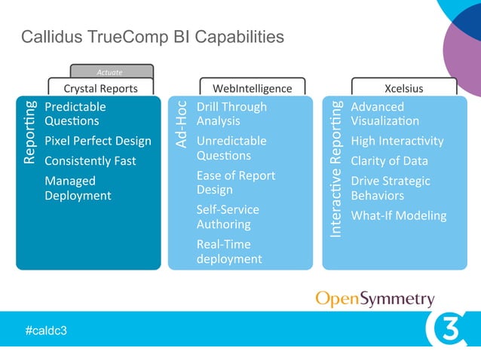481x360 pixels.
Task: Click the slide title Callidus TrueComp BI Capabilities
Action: coord(152,36)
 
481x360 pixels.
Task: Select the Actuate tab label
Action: coord(110,72)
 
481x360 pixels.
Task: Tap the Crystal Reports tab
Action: coord(100,88)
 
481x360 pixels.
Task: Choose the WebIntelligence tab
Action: coord(252,88)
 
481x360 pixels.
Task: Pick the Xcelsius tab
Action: coord(403,88)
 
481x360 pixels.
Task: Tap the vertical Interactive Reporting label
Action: coord(336,169)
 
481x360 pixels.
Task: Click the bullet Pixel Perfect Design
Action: coord(97,141)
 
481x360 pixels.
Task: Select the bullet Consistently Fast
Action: coord(90,161)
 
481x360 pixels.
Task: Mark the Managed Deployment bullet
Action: coord(78,188)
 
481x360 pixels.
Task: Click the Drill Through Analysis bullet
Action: coord(231,114)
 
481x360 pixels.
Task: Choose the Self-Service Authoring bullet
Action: coord(228,217)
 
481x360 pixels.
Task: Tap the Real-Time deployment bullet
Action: coord(229,252)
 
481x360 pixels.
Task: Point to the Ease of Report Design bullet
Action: coord(236,182)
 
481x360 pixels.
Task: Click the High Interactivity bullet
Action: coord(397,141)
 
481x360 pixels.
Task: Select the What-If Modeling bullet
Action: coord(399,215)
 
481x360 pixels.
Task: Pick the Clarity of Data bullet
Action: coord(389,161)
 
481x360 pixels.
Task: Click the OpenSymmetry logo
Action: coord(374,299)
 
